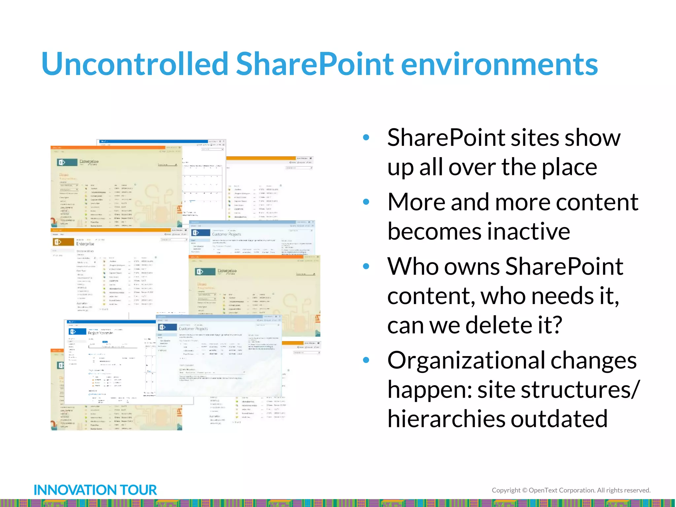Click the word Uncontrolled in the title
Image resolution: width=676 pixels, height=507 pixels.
click(x=135, y=64)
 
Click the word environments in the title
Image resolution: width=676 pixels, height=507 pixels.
click(x=499, y=64)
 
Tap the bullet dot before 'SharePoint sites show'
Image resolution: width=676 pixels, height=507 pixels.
click(x=366, y=138)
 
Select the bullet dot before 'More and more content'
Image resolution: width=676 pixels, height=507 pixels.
click(x=366, y=202)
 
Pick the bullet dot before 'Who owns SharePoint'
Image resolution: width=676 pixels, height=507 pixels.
click(x=366, y=266)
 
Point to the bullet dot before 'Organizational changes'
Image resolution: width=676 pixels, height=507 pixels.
click(x=366, y=360)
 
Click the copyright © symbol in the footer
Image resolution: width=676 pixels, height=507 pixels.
click(x=524, y=490)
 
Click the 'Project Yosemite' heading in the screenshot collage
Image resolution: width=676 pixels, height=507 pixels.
click(x=100, y=333)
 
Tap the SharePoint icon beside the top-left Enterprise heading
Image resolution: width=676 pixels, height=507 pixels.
click(x=62, y=162)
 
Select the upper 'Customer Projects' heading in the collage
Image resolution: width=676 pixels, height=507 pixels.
click(x=226, y=234)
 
